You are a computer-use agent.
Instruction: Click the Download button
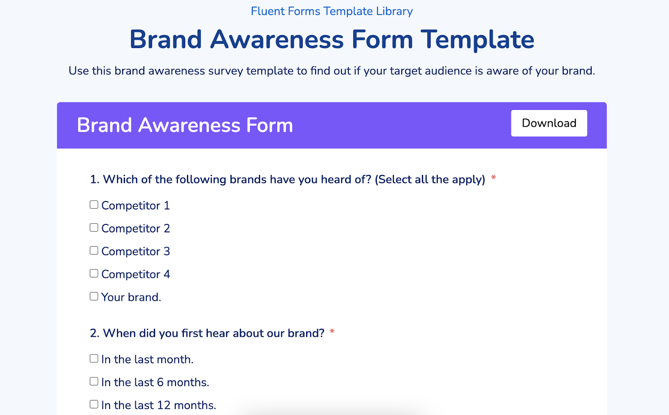pyautogui.click(x=549, y=123)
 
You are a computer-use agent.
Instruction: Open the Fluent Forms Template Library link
pyautogui.click(x=332, y=11)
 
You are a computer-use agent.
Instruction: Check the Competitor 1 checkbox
pyautogui.click(x=94, y=205)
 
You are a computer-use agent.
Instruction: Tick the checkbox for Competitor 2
pyautogui.click(x=94, y=227)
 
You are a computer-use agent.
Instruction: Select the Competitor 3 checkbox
pyautogui.click(x=94, y=250)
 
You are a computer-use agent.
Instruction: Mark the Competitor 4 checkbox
pyautogui.click(x=94, y=273)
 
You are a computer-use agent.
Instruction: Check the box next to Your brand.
pyautogui.click(x=94, y=296)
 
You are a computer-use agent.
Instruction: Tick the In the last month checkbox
pyautogui.click(x=94, y=359)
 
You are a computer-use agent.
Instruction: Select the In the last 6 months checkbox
pyautogui.click(x=94, y=382)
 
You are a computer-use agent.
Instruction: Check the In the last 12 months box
pyautogui.click(x=94, y=404)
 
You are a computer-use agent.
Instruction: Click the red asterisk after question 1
pyautogui.click(x=493, y=178)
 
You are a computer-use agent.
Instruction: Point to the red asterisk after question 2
pyautogui.click(x=332, y=332)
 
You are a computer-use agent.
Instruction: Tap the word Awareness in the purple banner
pyautogui.click(x=189, y=125)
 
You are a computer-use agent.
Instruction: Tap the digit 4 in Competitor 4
pyautogui.click(x=167, y=275)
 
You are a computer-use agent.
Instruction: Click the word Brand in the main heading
pyautogui.click(x=166, y=40)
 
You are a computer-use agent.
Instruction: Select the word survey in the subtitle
pyautogui.click(x=226, y=71)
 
